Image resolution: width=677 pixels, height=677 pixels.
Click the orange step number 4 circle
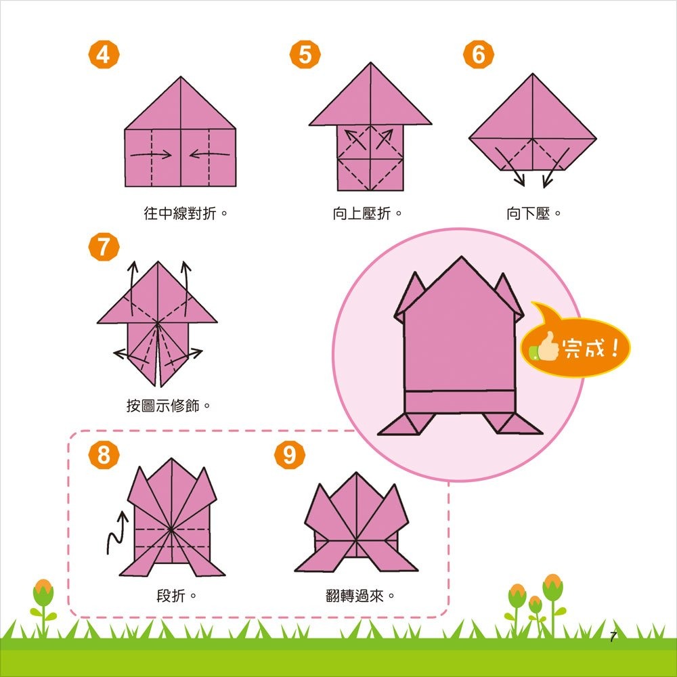point(103,55)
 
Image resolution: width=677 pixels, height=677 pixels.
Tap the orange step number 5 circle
point(305,55)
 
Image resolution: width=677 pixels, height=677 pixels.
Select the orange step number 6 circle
point(479,55)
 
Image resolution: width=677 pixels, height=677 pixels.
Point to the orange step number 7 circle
point(103,247)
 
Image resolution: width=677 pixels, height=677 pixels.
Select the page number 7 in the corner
point(613,637)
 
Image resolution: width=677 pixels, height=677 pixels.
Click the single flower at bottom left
point(43,596)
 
